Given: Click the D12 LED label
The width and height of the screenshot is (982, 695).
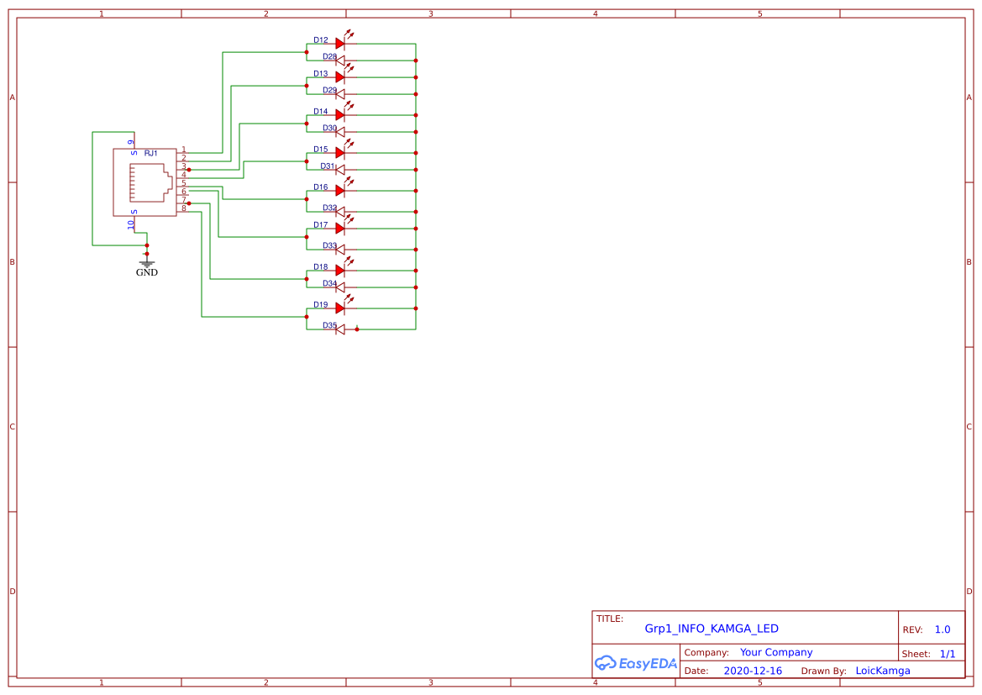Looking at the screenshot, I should pyautogui.click(x=321, y=39).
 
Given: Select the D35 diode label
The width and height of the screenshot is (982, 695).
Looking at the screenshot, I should pyautogui.click(x=329, y=325).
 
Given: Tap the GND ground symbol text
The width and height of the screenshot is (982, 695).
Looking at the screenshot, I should pyautogui.click(x=147, y=272).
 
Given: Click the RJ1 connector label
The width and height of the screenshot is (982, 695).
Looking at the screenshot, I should pyautogui.click(x=151, y=153).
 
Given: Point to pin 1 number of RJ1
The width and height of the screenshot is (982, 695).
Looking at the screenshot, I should pyautogui.click(x=184, y=149).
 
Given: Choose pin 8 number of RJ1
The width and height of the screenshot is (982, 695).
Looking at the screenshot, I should pyautogui.click(x=184, y=208).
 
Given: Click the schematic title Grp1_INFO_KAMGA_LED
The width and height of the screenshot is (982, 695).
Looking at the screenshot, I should pyautogui.click(x=712, y=629).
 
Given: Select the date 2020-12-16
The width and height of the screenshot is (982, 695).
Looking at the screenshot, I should pyautogui.click(x=753, y=671).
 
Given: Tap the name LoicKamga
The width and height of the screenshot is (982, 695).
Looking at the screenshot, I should pyautogui.click(x=883, y=671).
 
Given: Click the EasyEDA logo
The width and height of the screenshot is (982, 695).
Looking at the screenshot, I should pyautogui.click(x=636, y=663).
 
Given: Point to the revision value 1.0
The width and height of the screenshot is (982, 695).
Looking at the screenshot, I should pyautogui.click(x=943, y=629).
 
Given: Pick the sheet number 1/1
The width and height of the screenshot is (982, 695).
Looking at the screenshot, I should pyautogui.click(x=948, y=654).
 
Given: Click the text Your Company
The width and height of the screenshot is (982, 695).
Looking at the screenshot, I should pyautogui.click(x=776, y=652).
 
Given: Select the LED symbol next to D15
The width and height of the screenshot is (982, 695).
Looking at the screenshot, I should pyautogui.click(x=340, y=152).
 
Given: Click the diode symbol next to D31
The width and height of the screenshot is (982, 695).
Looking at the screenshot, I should pyautogui.click(x=340, y=170).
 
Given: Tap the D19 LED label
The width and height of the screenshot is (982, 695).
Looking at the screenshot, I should pyautogui.click(x=321, y=304).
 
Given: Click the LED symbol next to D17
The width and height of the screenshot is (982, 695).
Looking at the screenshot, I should pyautogui.click(x=340, y=228).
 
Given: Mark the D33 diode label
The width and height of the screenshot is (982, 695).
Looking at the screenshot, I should pyautogui.click(x=329, y=245).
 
